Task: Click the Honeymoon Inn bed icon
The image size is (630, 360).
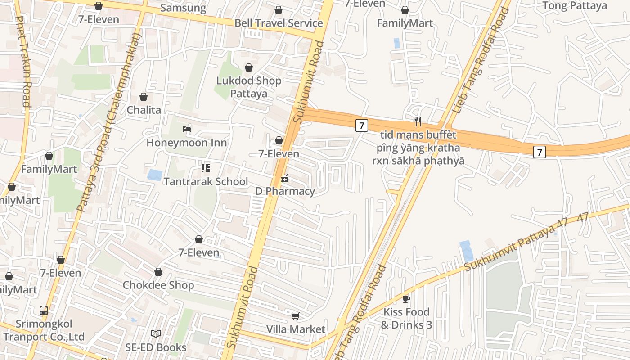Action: tap(187, 129)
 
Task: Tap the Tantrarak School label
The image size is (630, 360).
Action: tap(206, 181)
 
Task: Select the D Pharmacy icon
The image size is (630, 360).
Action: tap(284, 179)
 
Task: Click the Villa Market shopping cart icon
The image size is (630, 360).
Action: tap(295, 316)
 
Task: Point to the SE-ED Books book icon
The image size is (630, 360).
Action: tap(156, 333)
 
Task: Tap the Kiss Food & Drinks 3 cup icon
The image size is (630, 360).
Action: tap(406, 298)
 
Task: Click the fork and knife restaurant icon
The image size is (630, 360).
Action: tap(418, 121)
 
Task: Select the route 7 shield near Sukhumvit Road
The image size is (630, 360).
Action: tap(361, 126)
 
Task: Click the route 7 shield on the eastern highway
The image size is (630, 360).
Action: tap(540, 152)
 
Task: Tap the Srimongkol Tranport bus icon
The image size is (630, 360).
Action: tap(44, 310)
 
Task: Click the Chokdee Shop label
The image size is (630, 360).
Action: tap(158, 285)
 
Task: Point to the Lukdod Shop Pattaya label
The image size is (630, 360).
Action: tap(249, 87)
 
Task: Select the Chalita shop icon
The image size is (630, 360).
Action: tap(144, 97)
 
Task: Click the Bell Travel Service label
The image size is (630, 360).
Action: tap(279, 23)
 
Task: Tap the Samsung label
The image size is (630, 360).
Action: tap(183, 8)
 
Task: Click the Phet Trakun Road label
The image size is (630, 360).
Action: tap(23, 62)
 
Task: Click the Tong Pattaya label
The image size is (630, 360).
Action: tap(575, 6)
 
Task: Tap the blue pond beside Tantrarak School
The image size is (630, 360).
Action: tap(154, 175)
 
